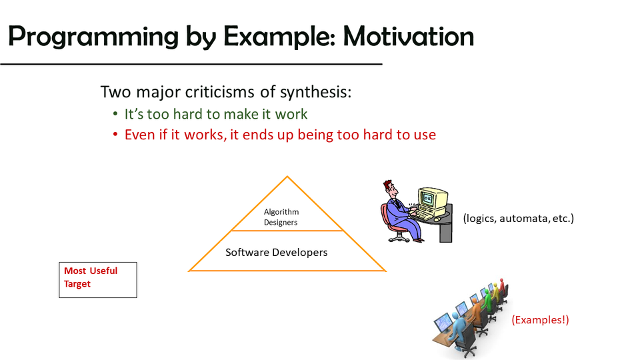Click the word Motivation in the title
tap(408, 36)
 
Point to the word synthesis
tap(315, 93)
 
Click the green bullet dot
tap(115, 114)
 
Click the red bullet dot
tap(115, 134)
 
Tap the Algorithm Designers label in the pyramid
tap(281, 217)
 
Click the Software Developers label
tap(276, 252)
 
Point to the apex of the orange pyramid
tap(287, 176)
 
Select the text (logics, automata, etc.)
tap(519, 219)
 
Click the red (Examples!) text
tap(540, 319)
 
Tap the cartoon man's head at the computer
tap(390, 189)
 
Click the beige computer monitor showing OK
tap(433, 201)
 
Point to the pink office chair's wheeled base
tap(399, 237)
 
